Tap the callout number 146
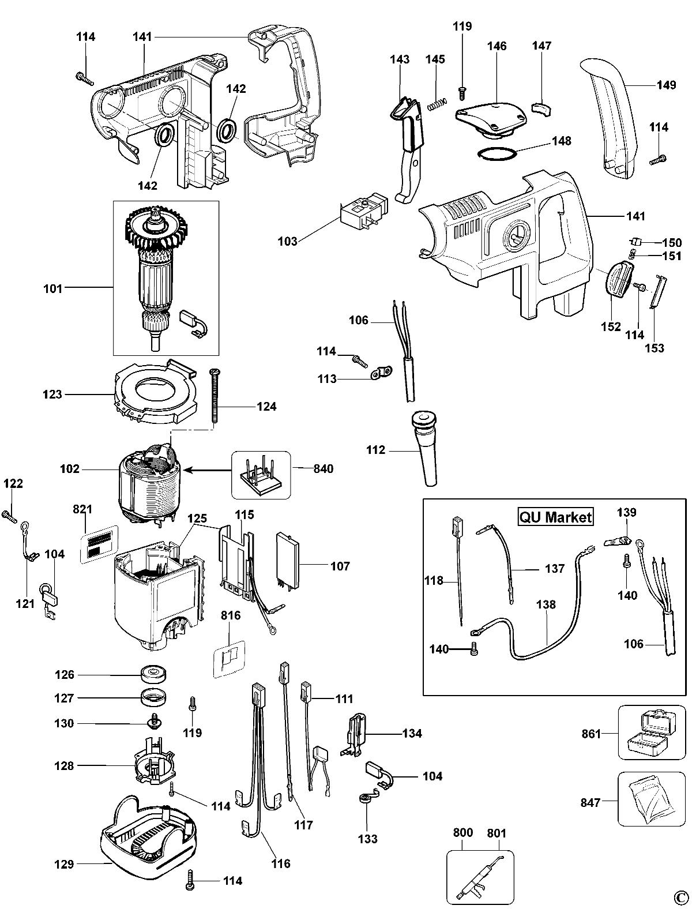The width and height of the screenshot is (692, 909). [497, 46]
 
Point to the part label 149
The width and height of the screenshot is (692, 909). [666, 85]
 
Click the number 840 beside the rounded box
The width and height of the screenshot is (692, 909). [323, 469]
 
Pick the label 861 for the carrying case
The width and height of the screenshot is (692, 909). [591, 734]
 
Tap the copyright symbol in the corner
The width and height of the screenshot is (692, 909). [681, 896]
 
